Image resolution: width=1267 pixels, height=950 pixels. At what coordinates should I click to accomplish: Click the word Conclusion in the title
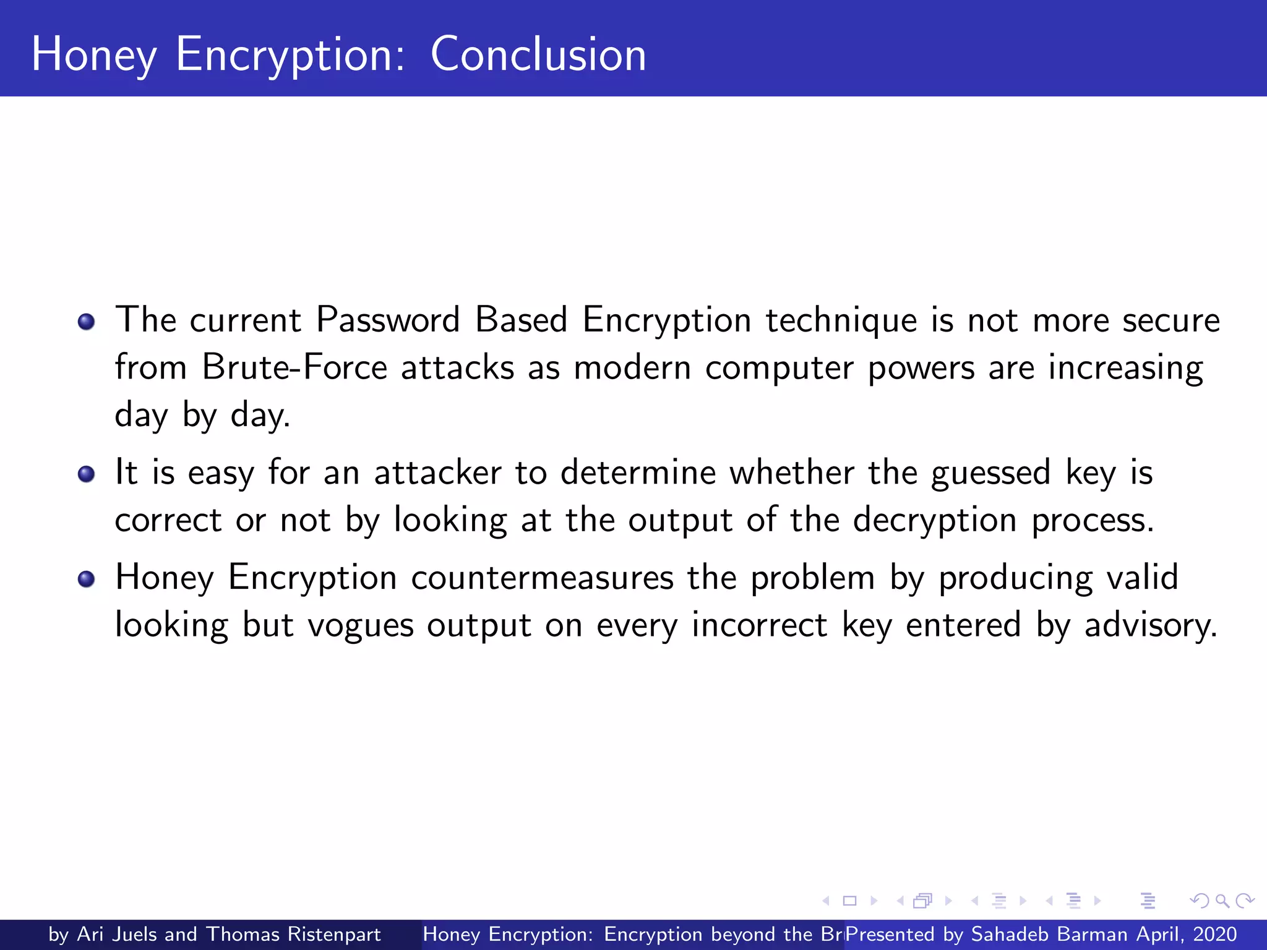click(538, 54)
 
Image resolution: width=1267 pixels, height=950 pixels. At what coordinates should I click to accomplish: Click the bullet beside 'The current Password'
click(86, 322)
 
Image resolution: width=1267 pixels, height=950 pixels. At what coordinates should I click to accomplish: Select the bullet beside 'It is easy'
click(86, 474)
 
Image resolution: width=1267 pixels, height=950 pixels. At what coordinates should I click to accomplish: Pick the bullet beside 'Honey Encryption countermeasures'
click(86, 579)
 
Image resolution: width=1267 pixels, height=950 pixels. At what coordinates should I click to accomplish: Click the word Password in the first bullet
click(388, 320)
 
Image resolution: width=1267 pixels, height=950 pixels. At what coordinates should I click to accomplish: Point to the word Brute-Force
click(294, 367)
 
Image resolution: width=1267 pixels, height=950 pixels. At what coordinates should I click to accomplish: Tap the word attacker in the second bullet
click(437, 473)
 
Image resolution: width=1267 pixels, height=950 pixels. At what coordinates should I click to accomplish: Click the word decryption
click(934, 521)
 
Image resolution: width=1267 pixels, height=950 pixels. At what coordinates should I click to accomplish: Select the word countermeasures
click(542, 578)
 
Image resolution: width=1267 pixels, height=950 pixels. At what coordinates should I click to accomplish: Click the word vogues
click(360, 625)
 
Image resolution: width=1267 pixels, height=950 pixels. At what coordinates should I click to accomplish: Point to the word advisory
click(1150, 625)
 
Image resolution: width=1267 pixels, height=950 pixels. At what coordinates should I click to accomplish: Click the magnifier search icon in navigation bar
click(1222, 901)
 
